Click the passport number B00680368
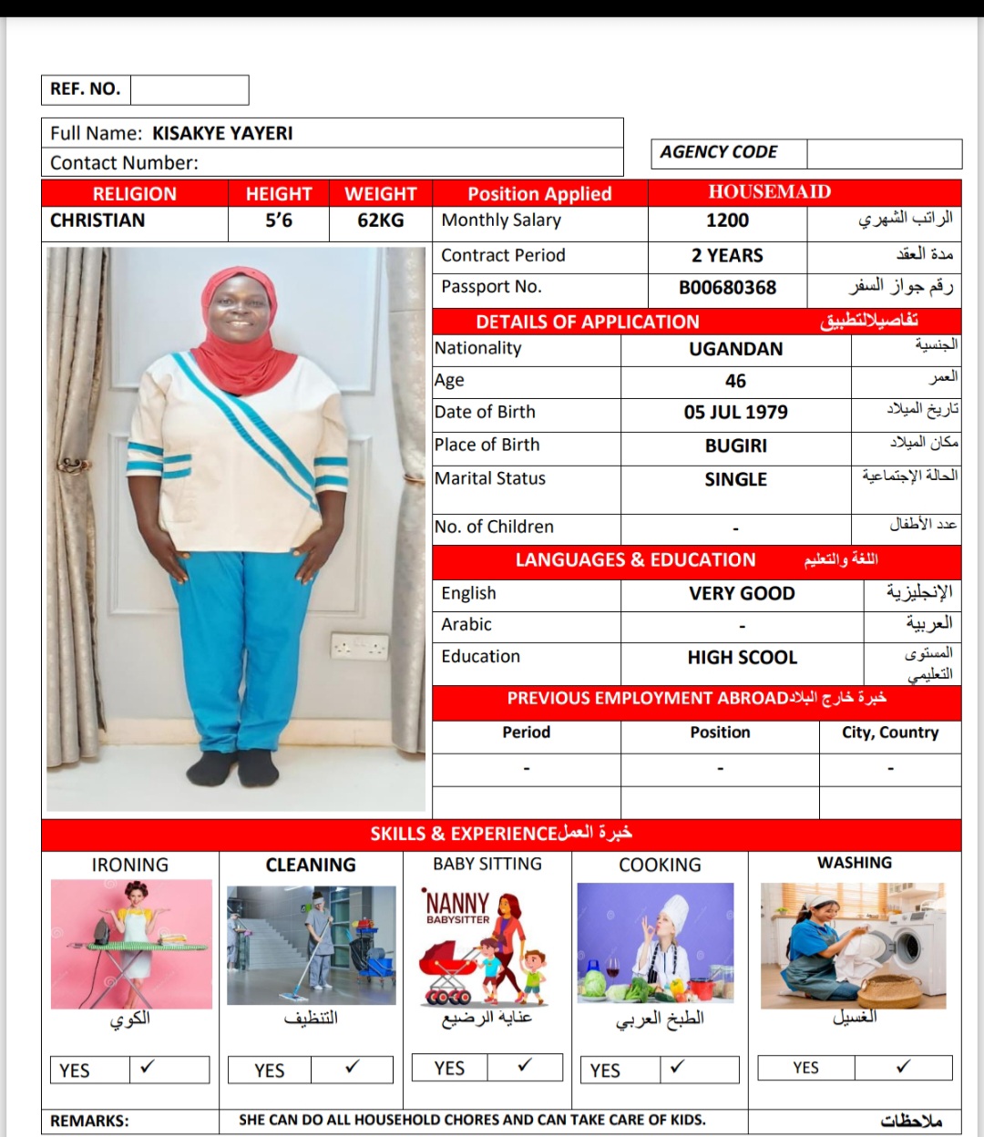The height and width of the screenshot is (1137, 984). point(727,288)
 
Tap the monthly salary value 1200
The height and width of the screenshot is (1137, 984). point(727,220)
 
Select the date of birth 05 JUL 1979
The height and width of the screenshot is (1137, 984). point(735,413)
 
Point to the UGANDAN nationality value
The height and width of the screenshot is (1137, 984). point(735,349)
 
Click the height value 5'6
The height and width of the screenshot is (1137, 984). point(278,220)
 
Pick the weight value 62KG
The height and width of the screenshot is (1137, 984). point(380,220)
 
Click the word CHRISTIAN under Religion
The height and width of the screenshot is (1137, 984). point(97,220)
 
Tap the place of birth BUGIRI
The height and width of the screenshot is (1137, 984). point(735,446)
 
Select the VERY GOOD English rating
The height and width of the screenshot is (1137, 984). point(742,594)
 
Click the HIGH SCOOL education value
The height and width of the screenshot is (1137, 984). point(742,658)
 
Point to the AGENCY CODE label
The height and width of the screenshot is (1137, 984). point(719,152)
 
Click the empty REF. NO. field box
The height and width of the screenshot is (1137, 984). point(190,89)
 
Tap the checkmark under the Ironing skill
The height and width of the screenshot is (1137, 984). point(148,1066)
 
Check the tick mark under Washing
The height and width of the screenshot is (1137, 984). point(903,1067)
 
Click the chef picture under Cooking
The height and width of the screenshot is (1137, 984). point(655,943)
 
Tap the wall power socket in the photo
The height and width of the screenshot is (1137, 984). point(359,646)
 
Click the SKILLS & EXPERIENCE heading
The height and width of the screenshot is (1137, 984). point(500,834)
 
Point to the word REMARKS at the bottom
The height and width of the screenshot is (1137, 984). point(89,1121)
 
